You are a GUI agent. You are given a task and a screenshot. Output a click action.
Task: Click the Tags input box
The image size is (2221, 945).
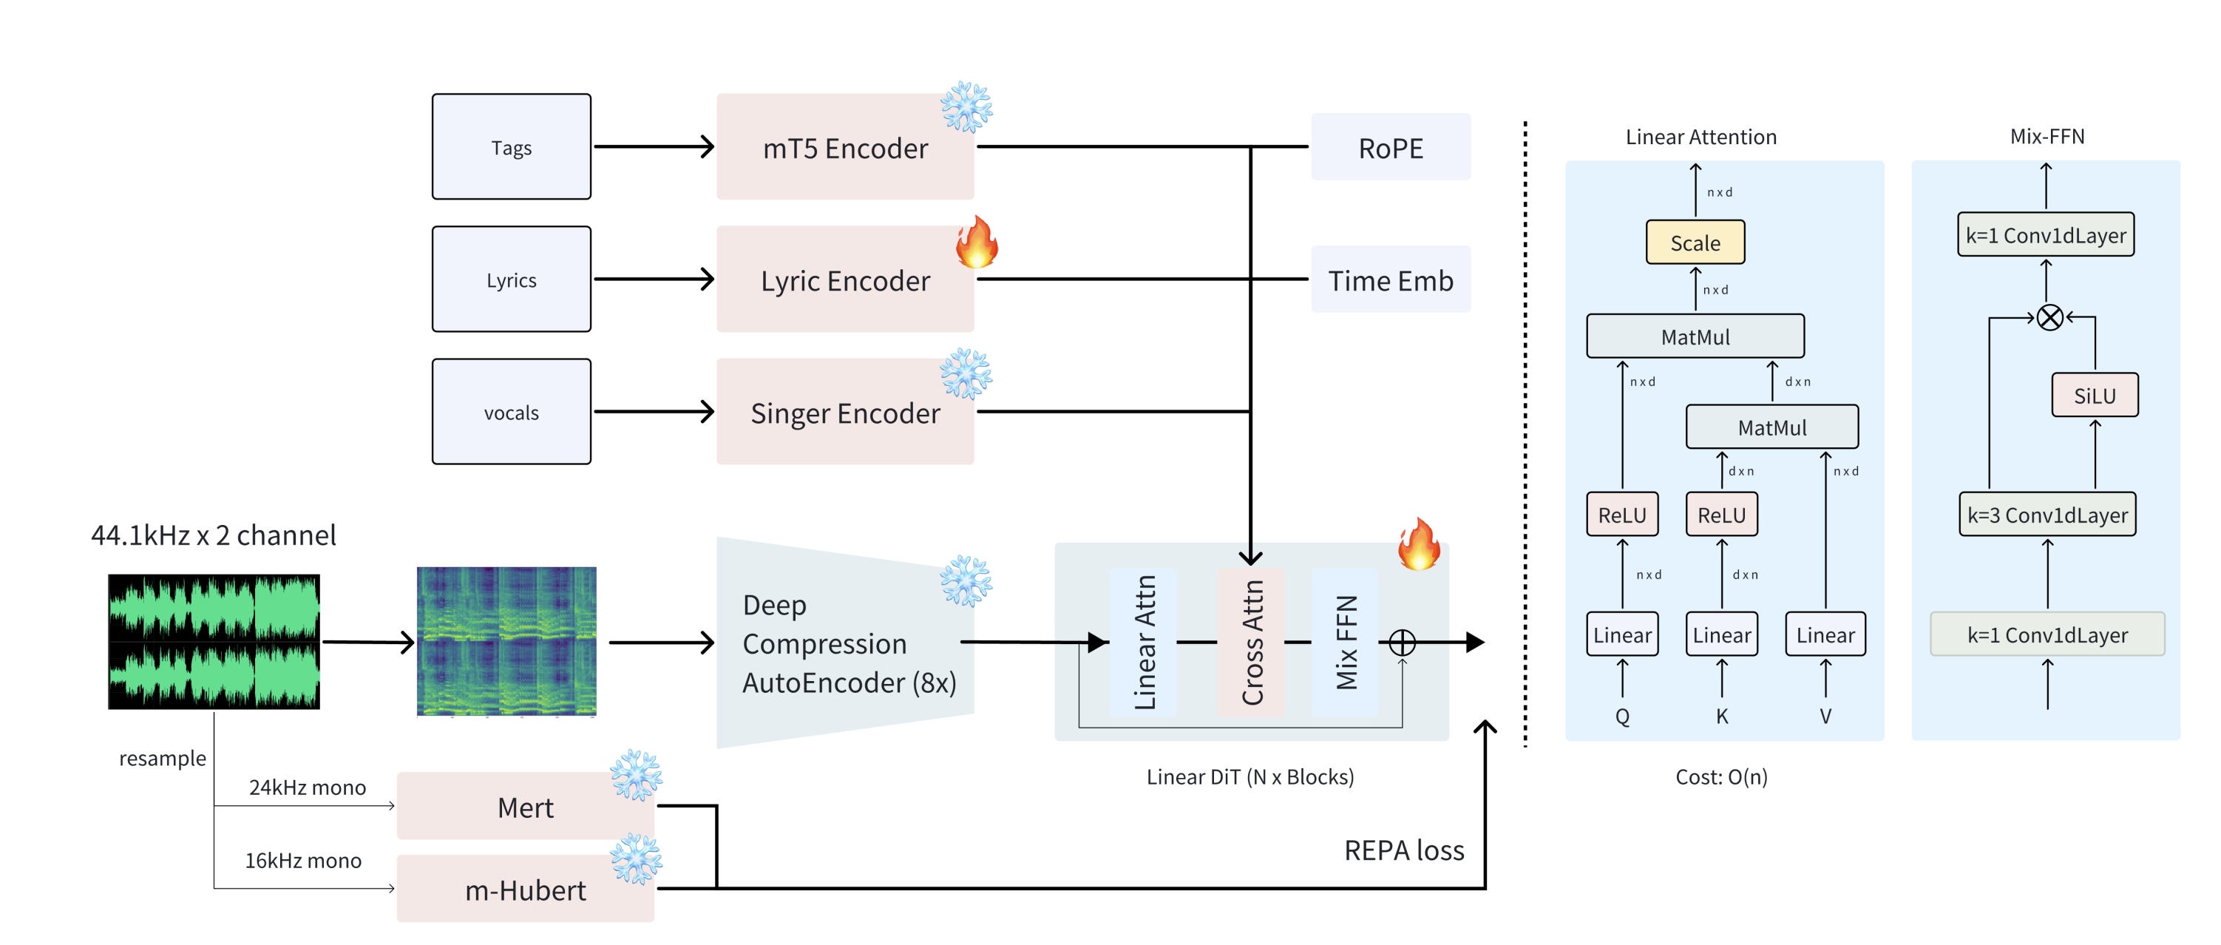pos(512,146)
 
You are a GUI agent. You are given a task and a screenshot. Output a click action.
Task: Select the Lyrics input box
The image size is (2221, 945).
pos(512,280)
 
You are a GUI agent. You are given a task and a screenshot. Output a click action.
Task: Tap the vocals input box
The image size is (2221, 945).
pos(512,411)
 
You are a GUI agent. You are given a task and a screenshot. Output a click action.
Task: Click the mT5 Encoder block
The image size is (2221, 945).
pos(845,146)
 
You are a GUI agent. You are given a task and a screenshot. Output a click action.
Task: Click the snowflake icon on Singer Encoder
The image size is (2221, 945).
pos(966,373)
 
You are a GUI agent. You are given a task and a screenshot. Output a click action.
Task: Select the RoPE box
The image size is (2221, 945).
pos(1391,146)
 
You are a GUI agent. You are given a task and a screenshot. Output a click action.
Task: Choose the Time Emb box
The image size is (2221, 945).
pos(1391,280)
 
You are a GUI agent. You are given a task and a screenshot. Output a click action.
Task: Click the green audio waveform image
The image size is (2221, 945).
pos(214,642)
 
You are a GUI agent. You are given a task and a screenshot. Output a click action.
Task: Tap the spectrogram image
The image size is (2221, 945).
pos(507,642)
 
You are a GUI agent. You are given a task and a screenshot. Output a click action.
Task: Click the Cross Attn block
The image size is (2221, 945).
pos(1251,642)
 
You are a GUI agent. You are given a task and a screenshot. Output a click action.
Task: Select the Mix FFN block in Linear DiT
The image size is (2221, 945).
pos(1346,642)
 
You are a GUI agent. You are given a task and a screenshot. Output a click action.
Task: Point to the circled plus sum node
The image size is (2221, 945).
pos(1402,643)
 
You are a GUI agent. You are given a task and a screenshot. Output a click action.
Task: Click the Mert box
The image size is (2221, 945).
pos(525,806)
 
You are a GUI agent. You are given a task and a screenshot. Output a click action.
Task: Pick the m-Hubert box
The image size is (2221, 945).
pos(525,889)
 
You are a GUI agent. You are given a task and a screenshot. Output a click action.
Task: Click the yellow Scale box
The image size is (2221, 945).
pos(1695,243)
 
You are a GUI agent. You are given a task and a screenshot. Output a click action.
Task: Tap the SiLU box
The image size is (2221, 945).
pos(2095,395)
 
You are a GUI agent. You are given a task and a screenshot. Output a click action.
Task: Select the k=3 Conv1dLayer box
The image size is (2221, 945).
pos(2047,515)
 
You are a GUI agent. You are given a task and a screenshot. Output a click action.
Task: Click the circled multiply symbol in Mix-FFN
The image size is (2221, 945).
pos(2050,317)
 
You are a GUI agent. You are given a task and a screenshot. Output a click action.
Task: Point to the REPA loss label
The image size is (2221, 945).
pos(1403,850)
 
